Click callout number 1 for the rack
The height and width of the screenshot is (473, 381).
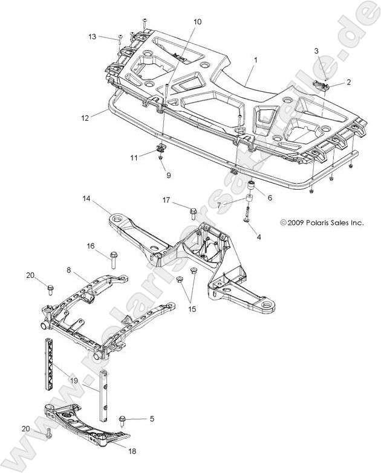pos(255,60)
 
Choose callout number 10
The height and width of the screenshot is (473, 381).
pos(197,22)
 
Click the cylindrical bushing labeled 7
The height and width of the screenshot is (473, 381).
pos(247,200)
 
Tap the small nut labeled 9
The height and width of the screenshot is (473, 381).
pos(160,158)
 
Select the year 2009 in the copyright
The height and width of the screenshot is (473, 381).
pos(296,222)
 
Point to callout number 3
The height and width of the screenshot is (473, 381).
pos(316,51)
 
